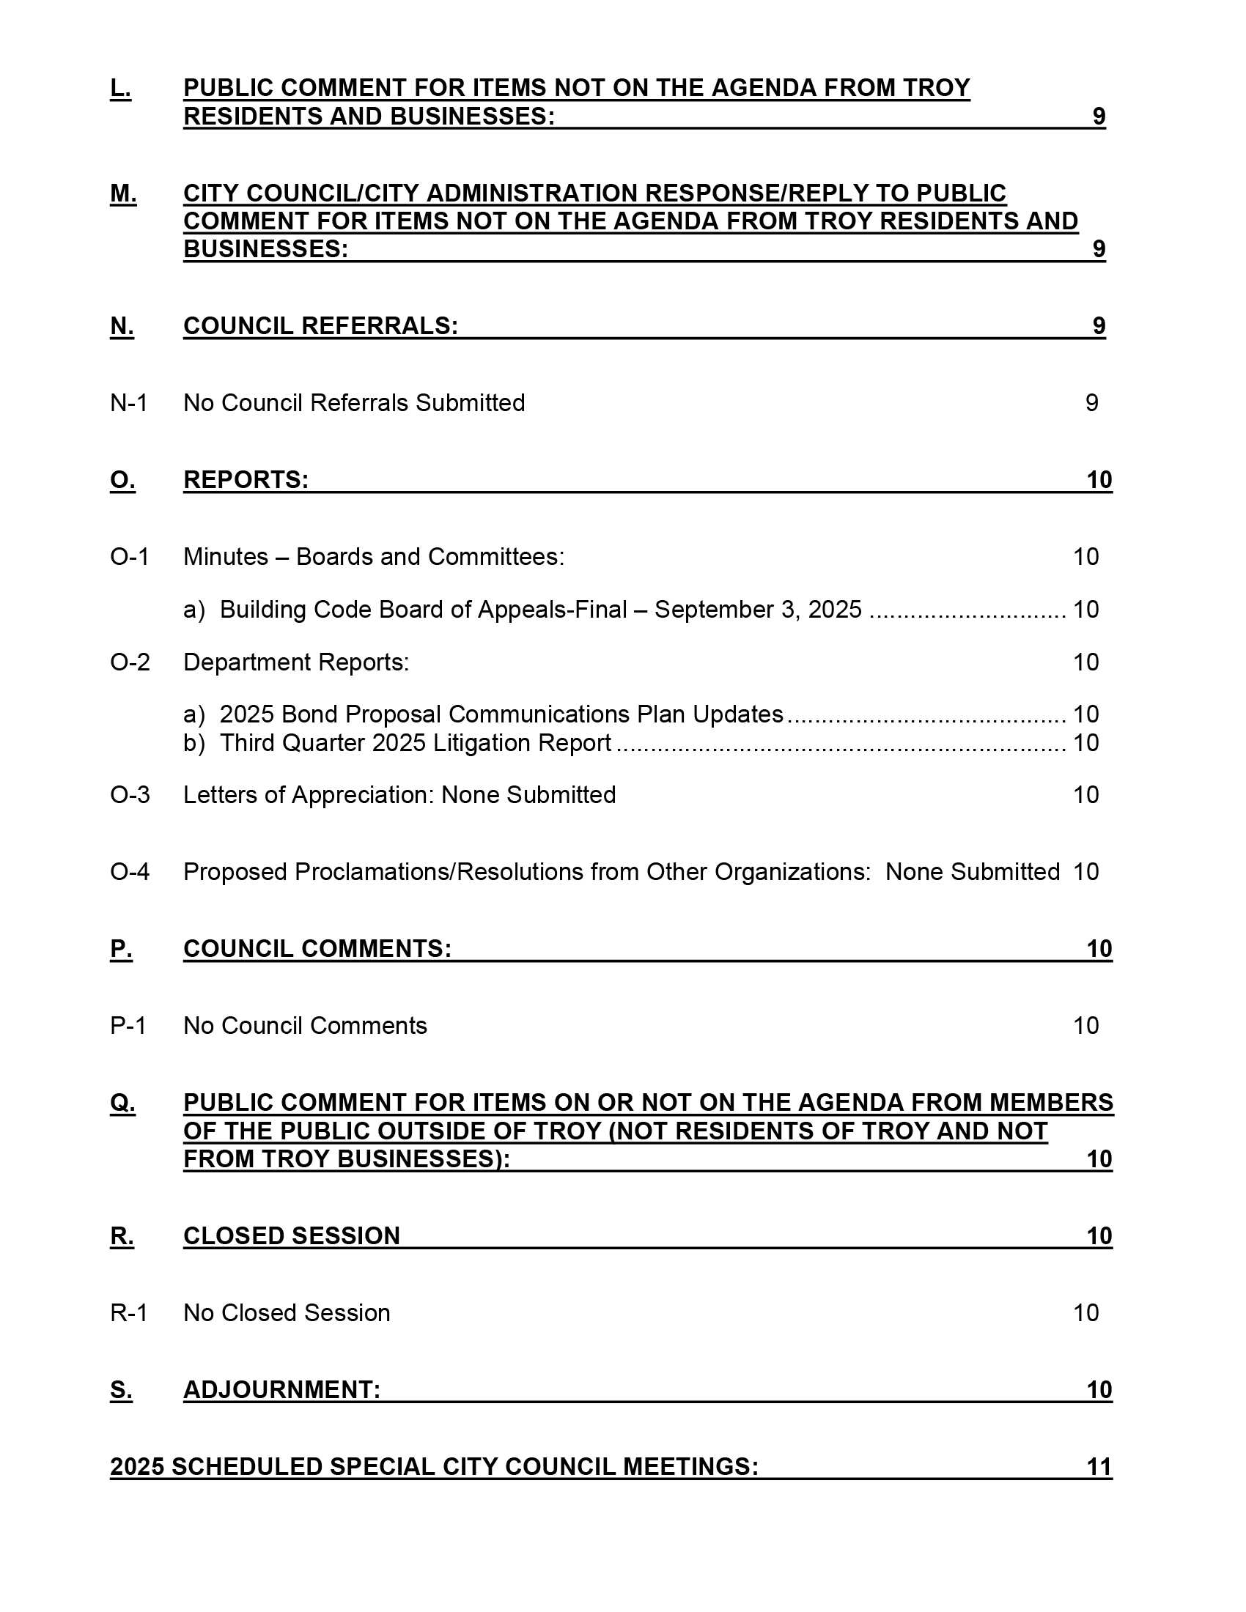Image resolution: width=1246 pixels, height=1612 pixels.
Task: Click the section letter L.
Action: pos(120,88)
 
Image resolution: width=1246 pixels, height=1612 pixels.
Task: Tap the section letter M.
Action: pos(123,193)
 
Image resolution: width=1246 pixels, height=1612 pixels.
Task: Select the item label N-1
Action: pos(128,403)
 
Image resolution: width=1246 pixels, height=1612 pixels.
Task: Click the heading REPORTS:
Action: pos(246,480)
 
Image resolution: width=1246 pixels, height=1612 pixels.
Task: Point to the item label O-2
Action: pos(130,662)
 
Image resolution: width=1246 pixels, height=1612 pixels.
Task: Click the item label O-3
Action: pos(130,795)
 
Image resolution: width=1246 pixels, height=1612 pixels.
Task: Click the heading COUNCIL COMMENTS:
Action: pos(317,948)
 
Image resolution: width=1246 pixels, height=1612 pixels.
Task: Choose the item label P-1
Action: pos(128,1026)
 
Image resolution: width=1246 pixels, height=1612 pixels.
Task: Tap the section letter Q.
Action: pos(122,1103)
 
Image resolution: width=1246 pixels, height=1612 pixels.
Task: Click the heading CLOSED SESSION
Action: pos(292,1235)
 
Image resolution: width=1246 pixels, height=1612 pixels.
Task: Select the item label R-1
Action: pos(128,1313)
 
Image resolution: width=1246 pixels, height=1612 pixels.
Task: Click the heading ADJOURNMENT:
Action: pos(282,1390)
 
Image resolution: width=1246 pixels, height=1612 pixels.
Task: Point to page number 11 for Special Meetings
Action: pos(1099,1467)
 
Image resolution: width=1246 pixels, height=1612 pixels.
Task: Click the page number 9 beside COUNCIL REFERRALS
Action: pos(1099,326)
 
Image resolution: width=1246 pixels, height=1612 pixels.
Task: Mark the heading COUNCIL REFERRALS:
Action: pos(320,326)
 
